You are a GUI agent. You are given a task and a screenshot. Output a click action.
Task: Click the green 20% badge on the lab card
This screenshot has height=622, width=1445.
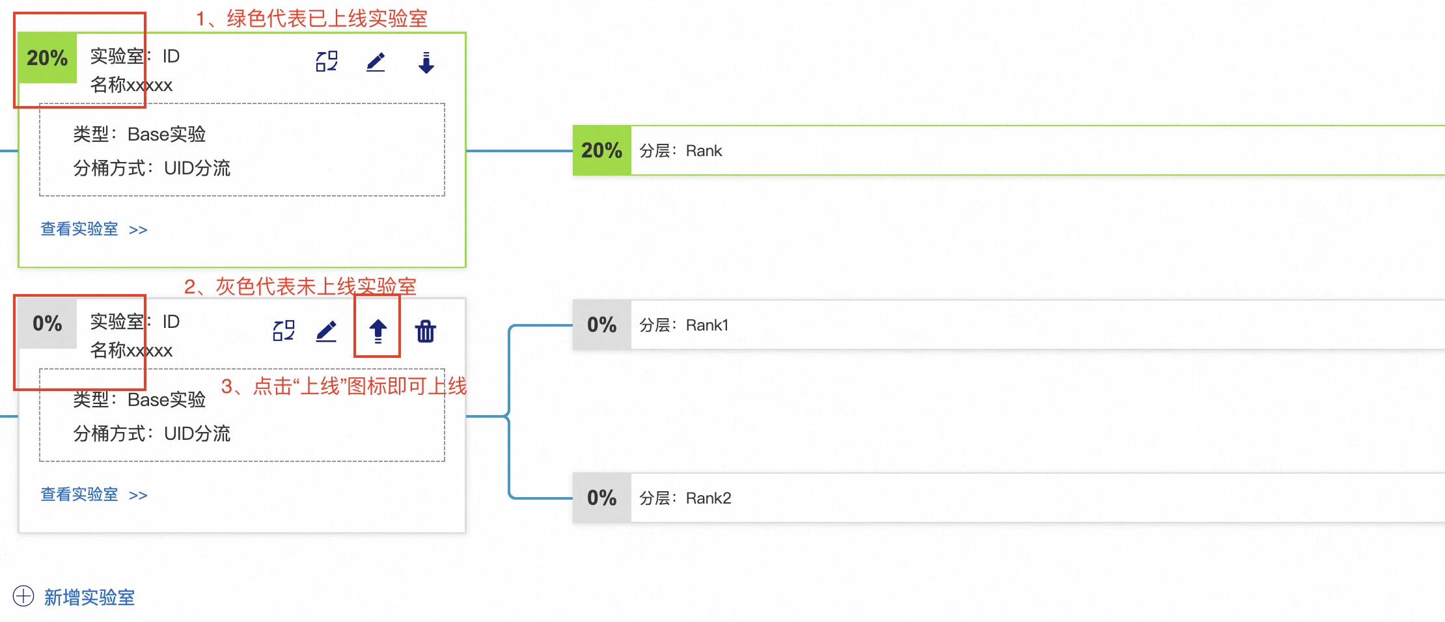48,59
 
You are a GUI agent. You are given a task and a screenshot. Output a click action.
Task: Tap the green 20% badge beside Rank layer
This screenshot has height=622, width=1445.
602,150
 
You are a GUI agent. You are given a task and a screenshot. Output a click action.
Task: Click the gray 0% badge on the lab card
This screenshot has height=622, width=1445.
48,323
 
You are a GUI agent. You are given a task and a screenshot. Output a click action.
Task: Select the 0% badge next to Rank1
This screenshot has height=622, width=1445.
602,325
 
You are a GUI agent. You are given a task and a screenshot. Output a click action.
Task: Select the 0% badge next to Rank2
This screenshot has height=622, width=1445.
602,498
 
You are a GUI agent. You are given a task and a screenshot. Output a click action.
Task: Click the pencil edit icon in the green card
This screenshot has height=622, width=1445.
376,62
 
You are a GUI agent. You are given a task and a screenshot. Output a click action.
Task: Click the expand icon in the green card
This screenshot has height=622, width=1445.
327,61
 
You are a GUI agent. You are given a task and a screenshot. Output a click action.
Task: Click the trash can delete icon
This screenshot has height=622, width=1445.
426,331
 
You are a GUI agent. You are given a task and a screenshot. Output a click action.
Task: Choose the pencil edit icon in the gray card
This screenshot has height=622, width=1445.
326,331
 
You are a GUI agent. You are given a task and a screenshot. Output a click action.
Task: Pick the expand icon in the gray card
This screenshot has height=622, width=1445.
284,331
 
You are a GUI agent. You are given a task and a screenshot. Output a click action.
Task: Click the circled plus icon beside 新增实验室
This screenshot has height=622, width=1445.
23,596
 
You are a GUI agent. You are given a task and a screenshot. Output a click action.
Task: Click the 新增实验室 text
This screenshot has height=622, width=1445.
89,597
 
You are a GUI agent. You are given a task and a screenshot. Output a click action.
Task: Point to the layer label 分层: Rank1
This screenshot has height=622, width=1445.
684,325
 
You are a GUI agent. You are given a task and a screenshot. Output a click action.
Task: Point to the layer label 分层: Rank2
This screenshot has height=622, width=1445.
685,498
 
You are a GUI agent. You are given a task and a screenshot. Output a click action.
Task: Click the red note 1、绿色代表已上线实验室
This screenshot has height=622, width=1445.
312,18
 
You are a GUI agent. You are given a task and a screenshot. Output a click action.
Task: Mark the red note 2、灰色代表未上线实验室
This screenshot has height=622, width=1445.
300,286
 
